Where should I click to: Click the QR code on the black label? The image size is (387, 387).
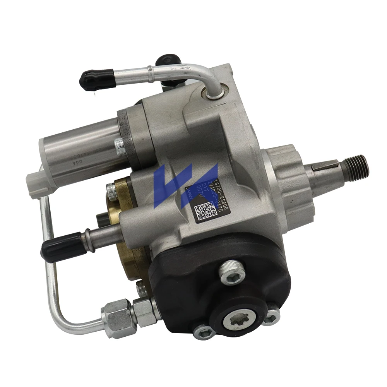204,212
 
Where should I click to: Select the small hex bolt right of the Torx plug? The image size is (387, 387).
271,318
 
